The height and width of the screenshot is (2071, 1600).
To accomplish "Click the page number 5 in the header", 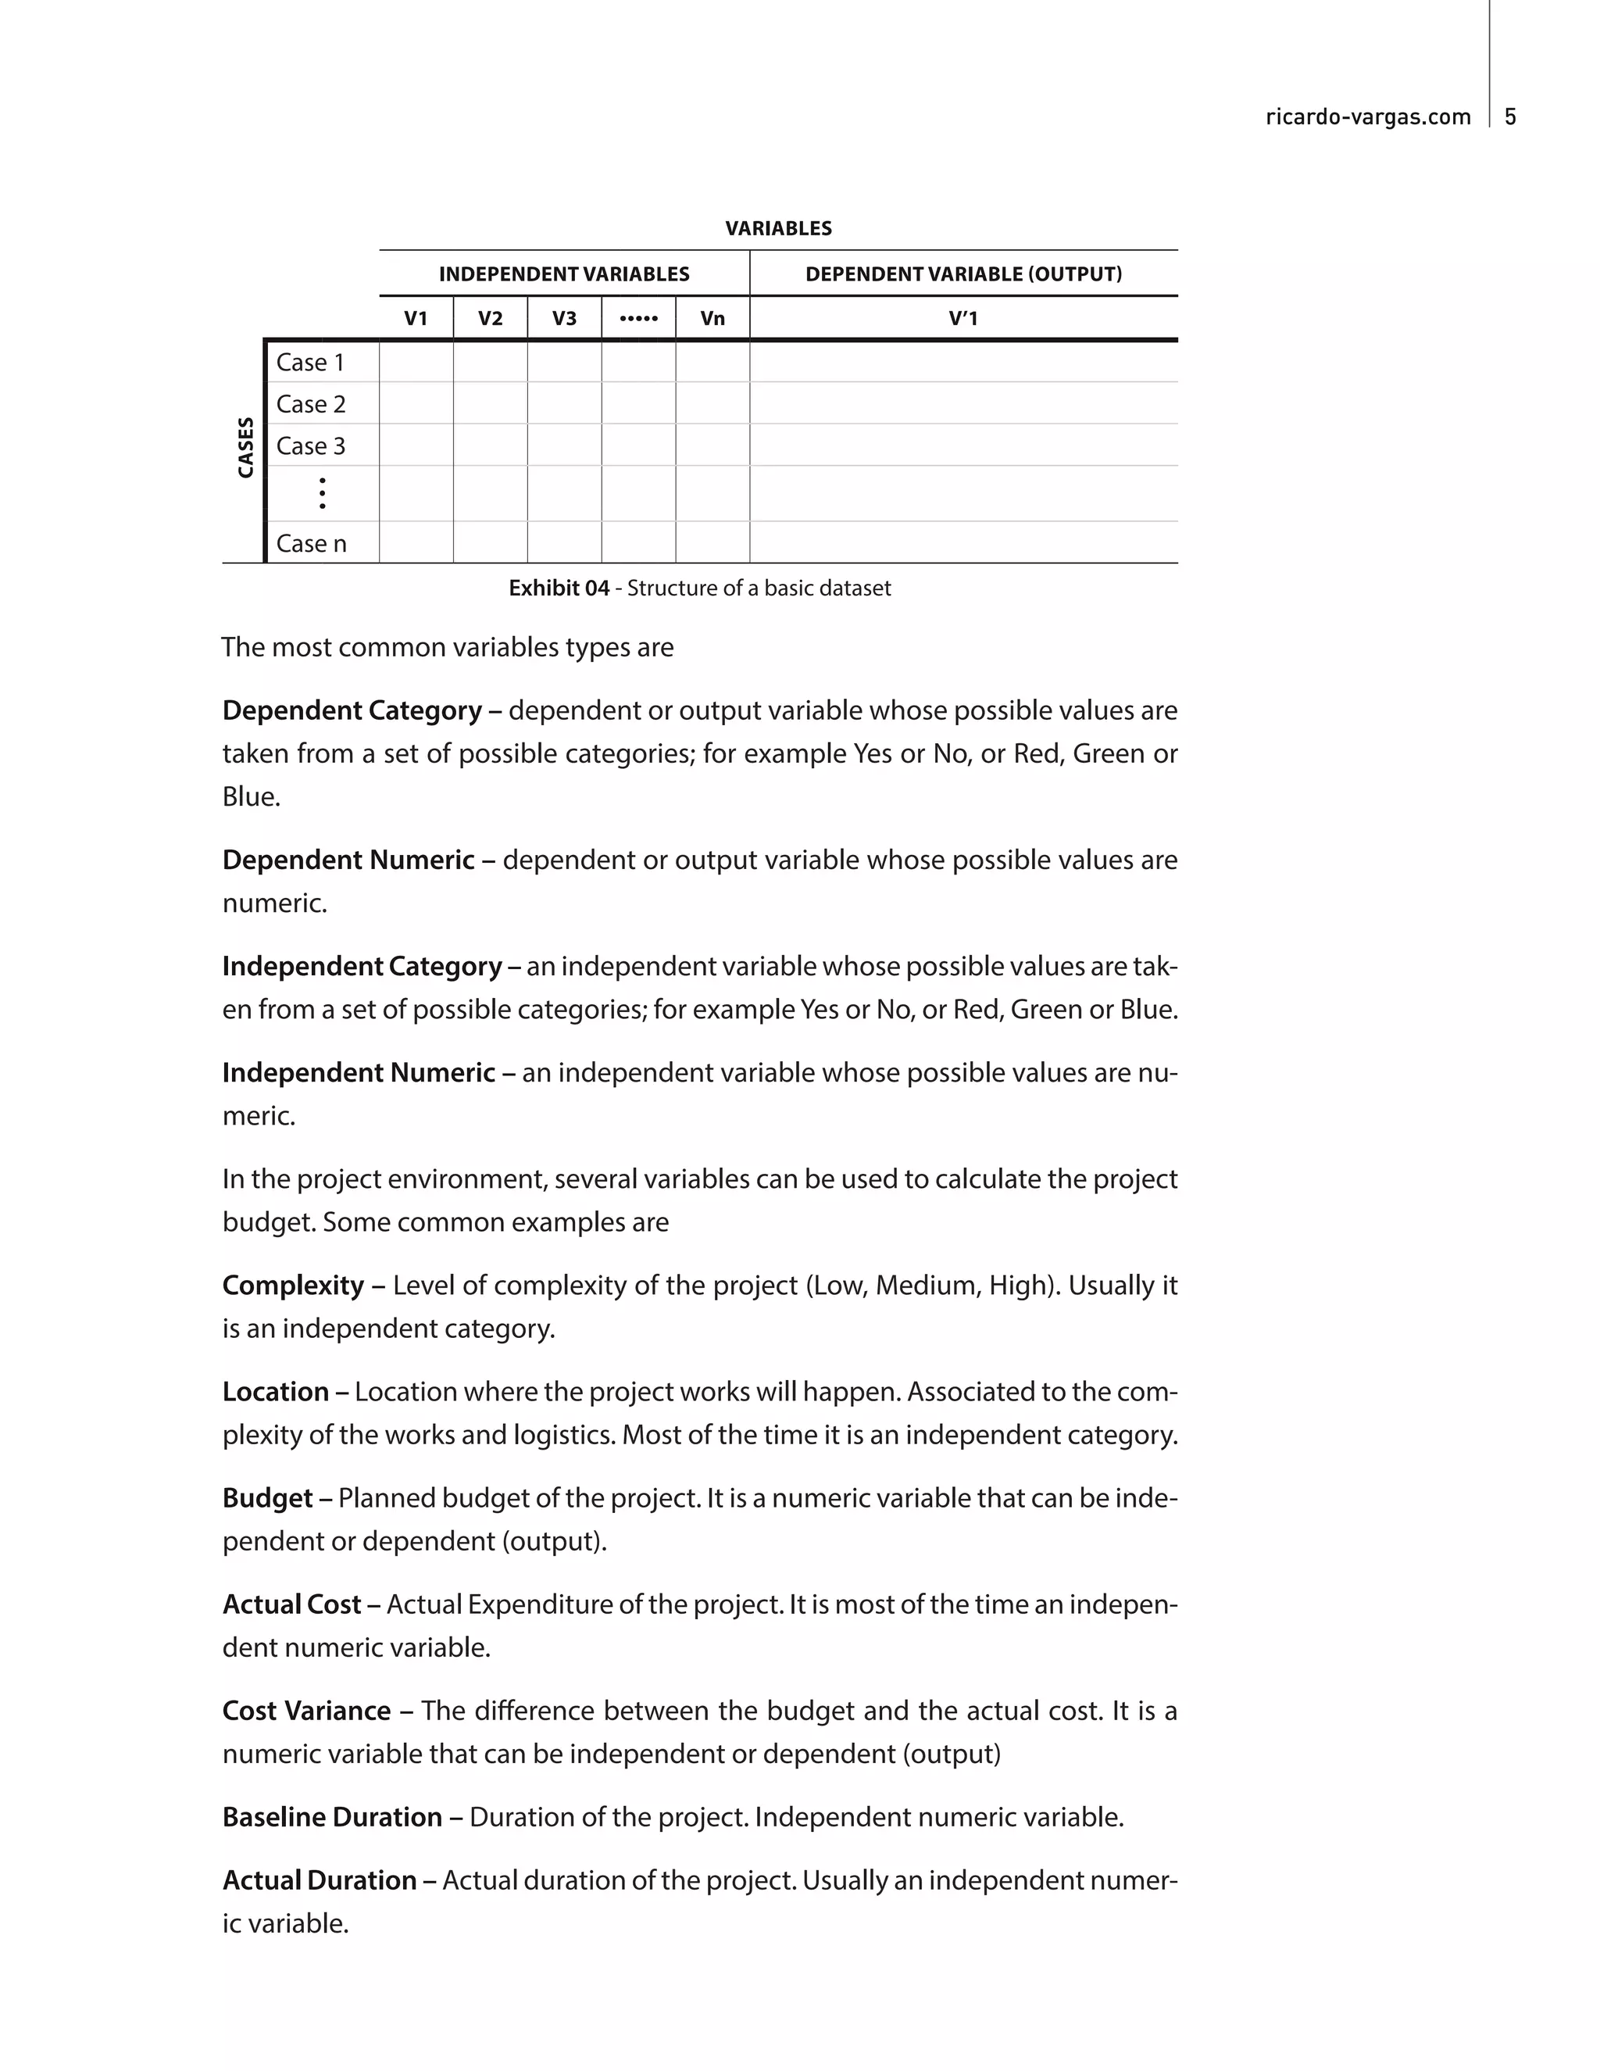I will [x=1510, y=116].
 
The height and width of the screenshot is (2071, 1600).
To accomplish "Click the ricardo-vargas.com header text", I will [x=1368, y=116].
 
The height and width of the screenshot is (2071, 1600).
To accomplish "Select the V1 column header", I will [x=416, y=319].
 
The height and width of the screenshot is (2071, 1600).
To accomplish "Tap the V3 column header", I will [x=564, y=319].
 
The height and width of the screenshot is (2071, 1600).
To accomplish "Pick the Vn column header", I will [x=712, y=319].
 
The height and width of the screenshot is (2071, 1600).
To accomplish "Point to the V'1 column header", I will [x=963, y=319].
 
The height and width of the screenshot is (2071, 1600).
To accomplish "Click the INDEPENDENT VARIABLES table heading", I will [x=564, y=274].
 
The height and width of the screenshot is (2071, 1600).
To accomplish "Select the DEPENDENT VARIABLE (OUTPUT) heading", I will [x=963, y=274].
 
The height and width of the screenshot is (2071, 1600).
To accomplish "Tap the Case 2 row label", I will [x=311, y=404].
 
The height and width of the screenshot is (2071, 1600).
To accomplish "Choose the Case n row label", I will [x=311, y=543].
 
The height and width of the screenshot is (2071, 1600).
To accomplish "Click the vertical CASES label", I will [x=245, y=448].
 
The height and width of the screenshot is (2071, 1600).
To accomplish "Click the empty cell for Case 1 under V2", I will [x=490, y=363].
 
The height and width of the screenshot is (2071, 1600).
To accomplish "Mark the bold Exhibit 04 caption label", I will [x=559, y=588].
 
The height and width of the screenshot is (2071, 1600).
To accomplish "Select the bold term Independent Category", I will [x=361, y=966].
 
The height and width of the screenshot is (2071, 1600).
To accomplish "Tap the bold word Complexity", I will [x=293, y=1285].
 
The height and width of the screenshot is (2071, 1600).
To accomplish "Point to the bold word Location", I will [x=275, y=1391].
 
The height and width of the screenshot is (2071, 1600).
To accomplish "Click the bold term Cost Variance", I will [x=306, y=1711].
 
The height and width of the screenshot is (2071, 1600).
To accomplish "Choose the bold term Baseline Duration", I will [x=332, y=1817].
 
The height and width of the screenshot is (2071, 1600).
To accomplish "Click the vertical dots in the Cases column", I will [x=323, y=493].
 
